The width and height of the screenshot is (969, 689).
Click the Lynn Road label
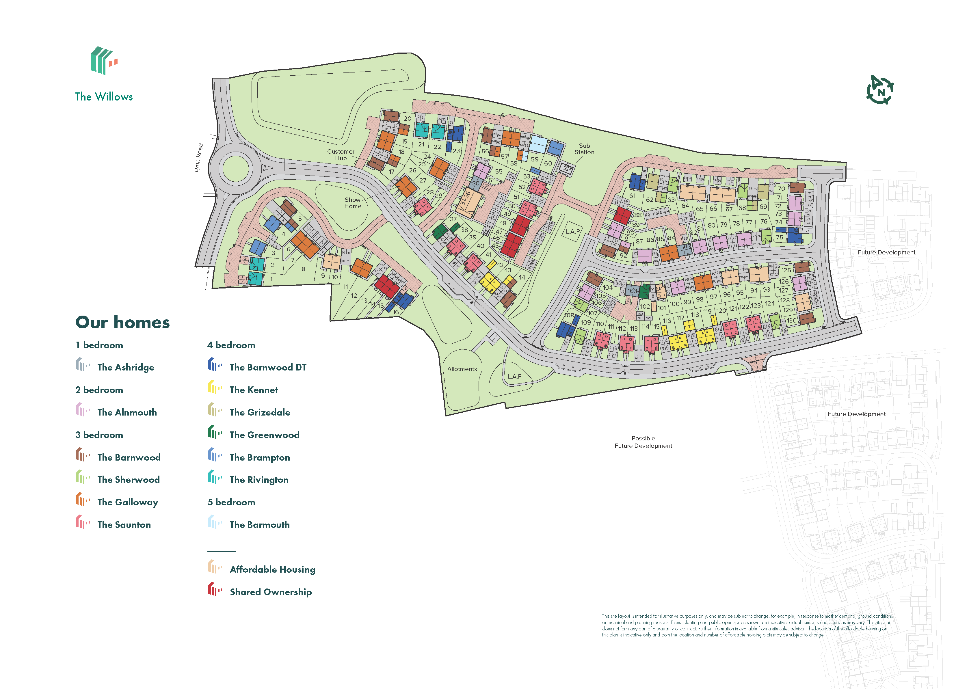point(198,157)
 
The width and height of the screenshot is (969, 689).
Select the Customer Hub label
point(341,155)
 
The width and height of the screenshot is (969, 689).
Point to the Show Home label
point(353,203)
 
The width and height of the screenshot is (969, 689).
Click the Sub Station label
point(584,149)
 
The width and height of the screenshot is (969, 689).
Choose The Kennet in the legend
point(253,390)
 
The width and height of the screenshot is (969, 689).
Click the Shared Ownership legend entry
point(270,592)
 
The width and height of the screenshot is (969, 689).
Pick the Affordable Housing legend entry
point(272,569)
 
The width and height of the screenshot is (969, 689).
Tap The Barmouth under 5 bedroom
point(259,525)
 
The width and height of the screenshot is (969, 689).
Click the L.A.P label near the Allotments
point(514,376)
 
